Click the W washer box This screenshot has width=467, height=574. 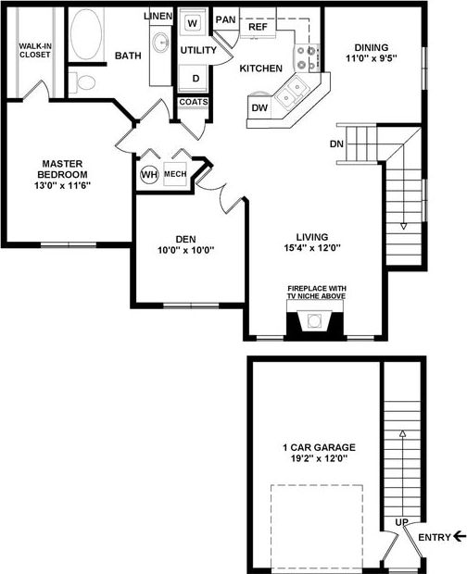click(193, 21)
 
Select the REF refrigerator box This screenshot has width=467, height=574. click(258, 28)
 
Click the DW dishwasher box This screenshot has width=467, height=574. click(259, 109)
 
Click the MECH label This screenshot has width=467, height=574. click(175, 174)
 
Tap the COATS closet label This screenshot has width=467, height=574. click(193, 102)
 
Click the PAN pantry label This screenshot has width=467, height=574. click(225, 19)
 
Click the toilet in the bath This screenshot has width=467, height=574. click(86, 82)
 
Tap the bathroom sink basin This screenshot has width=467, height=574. click(160, 43)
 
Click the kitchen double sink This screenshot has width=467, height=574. click(293, 90)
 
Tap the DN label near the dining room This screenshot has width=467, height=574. click(337, 143)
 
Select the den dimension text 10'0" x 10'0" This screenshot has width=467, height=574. click(185, 249)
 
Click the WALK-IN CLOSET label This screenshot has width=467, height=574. click(35, 49)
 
